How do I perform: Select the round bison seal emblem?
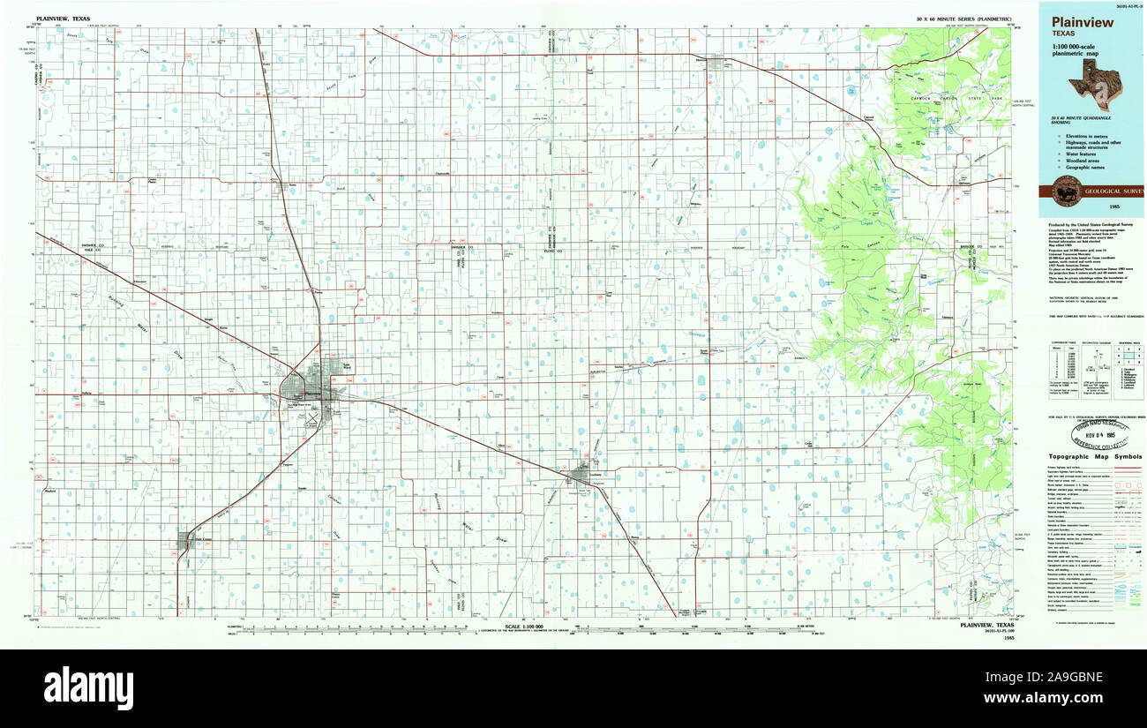point(1064,191)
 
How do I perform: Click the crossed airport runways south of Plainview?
point(311,423)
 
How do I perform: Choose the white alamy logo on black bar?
point(88,687)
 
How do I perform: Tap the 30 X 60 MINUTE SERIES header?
point(963,18)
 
